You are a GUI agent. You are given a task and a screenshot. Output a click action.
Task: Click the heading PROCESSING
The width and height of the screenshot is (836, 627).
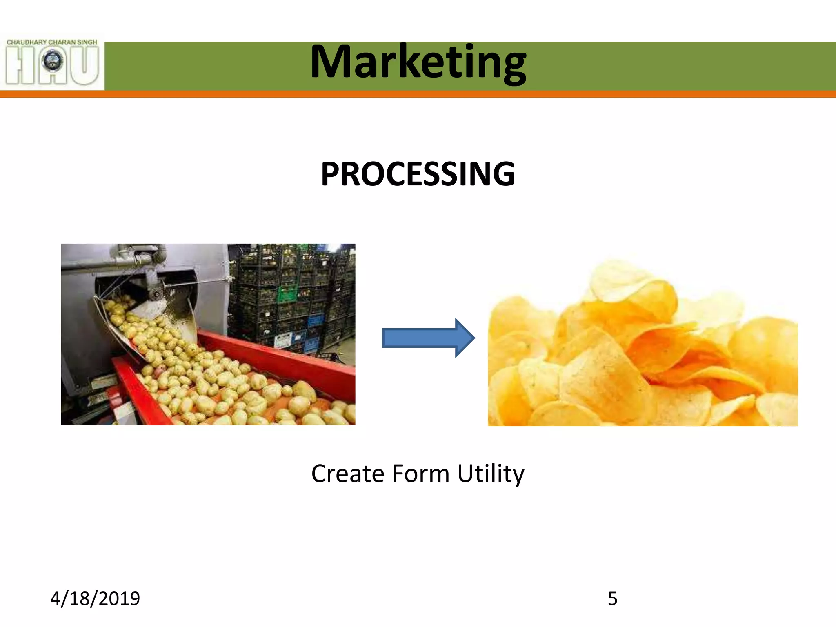(418, 174)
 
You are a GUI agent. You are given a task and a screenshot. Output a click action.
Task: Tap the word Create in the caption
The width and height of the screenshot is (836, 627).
(348, 474)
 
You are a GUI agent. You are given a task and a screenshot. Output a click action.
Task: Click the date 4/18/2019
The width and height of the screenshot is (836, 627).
(95, 598)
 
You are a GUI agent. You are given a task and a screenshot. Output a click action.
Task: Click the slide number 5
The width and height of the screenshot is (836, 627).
(612, 599)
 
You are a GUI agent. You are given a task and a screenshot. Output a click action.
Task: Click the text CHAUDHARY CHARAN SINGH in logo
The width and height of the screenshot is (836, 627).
(52, 42)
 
